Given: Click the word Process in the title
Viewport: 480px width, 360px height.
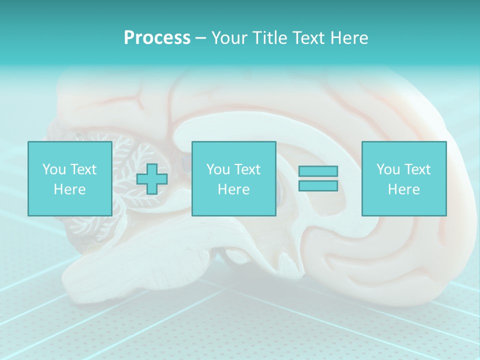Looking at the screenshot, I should [157, 38].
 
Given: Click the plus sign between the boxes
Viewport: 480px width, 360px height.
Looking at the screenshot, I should [152, 179].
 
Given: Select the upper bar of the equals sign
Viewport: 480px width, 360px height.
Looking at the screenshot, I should [318, 171].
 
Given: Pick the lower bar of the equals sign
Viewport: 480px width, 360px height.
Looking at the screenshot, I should [318, 185].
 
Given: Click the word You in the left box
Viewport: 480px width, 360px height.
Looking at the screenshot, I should [54, 169].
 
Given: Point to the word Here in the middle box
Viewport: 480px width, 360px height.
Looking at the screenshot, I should [233, 189].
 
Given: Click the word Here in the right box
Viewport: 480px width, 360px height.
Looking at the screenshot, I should [403, 189].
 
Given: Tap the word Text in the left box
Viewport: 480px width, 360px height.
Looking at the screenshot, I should [83, 169].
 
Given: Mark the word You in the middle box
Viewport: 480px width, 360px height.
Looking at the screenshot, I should [218, 169].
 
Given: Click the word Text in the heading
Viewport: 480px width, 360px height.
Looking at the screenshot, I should [307, 38].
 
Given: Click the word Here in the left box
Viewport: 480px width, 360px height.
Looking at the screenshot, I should [69, 189].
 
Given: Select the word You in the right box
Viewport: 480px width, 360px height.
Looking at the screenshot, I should [388, 169].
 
